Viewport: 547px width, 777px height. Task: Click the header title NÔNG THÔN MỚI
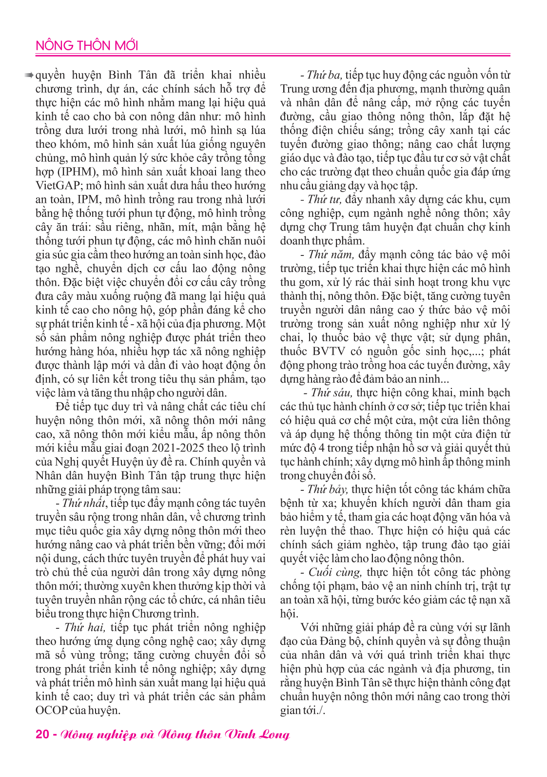click(x=87, y=46)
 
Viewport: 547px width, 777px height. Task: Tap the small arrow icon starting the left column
click(x=29, y=76)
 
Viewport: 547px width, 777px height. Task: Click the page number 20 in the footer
click(x=42, y=735)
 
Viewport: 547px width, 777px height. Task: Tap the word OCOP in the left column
click(x=51, y=711)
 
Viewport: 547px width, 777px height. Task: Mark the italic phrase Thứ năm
click(x=330, y=255)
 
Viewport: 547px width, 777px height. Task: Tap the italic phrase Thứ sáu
click(x=332, y=393)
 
